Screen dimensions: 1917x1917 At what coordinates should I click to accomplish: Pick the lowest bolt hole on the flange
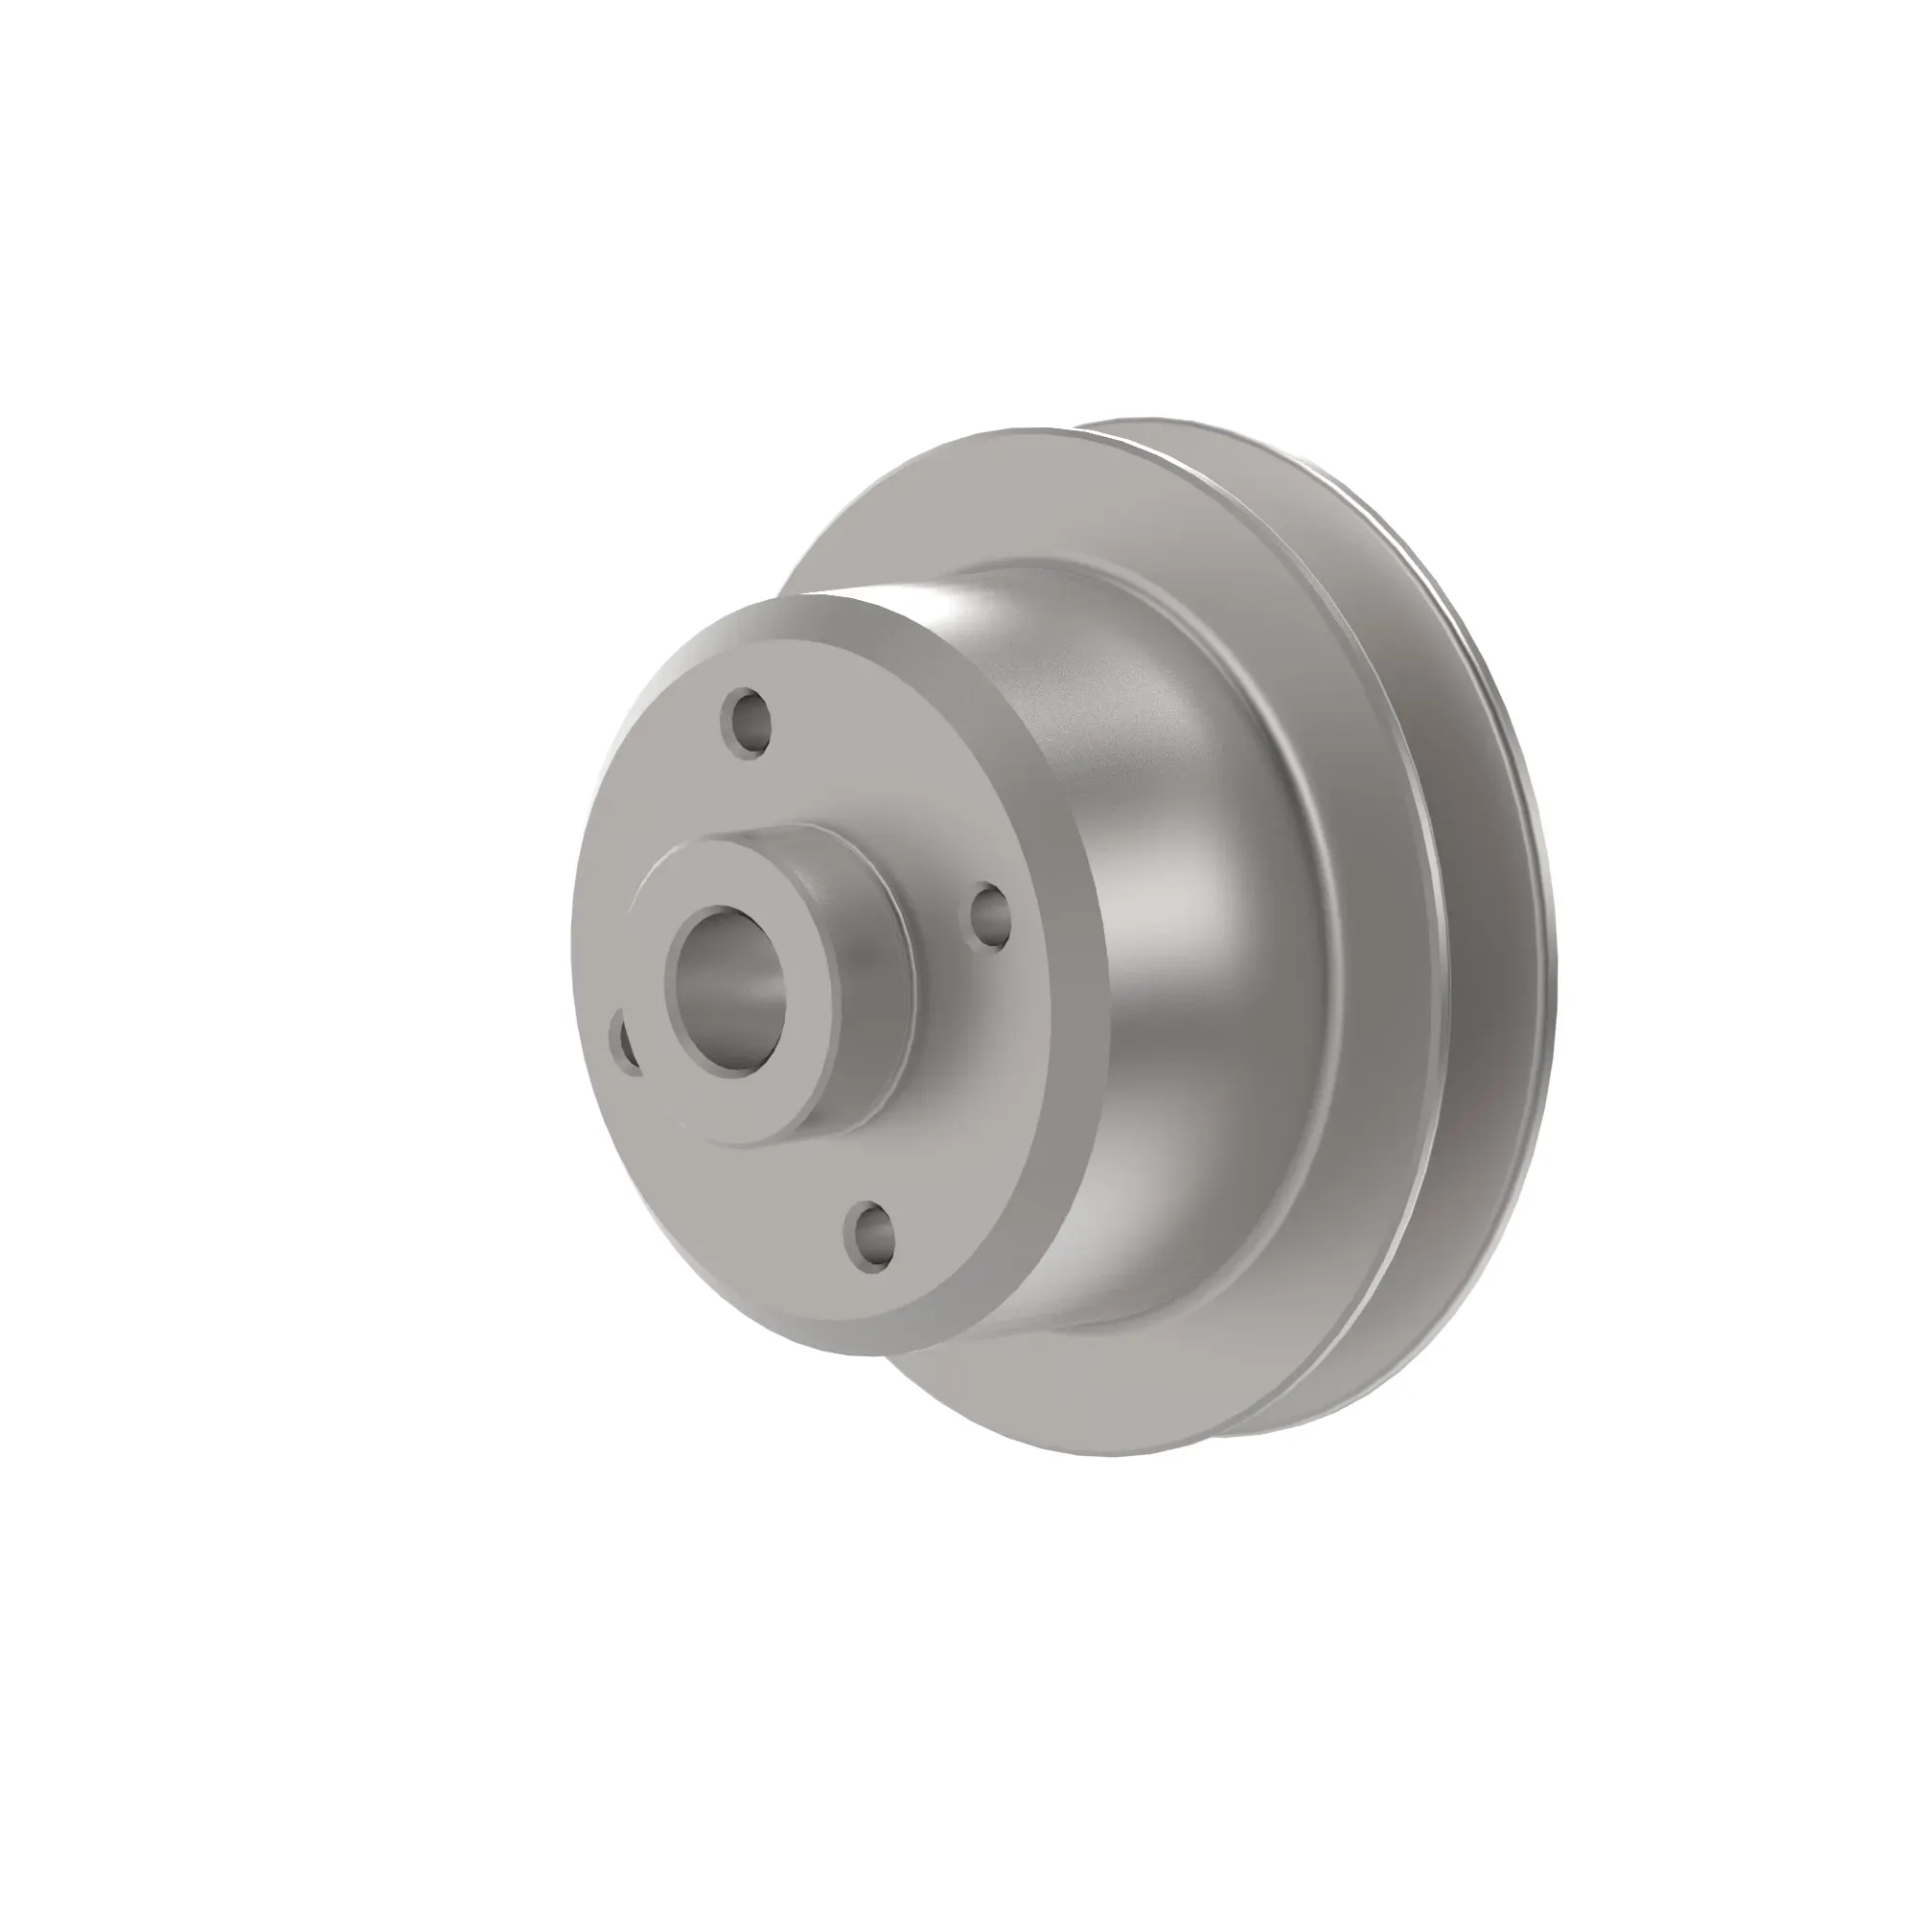pos(870,1234)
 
